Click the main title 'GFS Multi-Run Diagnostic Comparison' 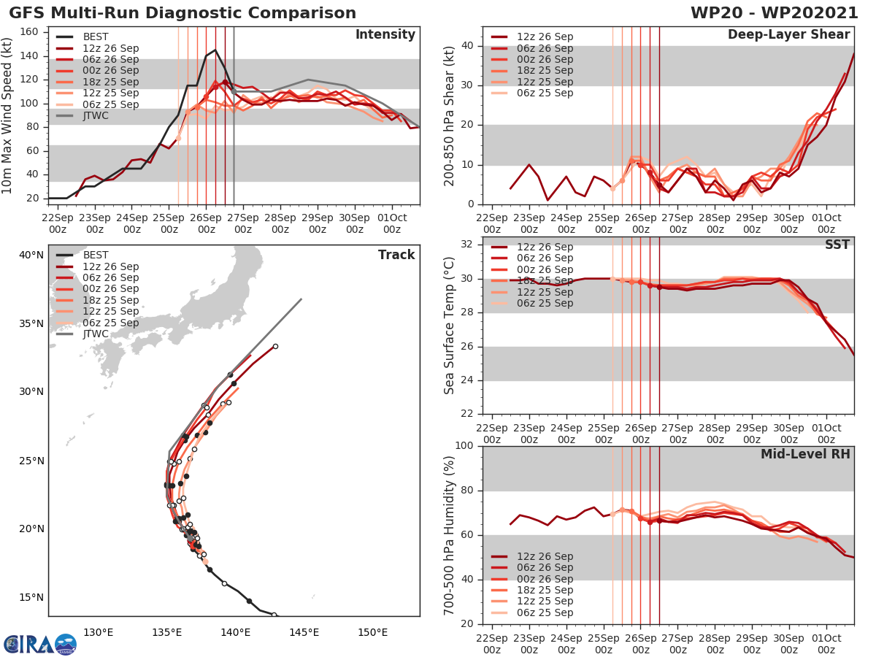click(182, 13)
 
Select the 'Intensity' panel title click(385, 35)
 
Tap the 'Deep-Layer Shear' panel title click(788, 35)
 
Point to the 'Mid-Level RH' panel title click(805, 454)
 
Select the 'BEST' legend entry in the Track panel click(96, 255)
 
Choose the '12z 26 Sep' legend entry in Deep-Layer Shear click(545, 36)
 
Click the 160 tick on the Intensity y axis click(32, 31)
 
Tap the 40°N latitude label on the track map click(31, 255)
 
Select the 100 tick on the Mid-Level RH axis click(464, 446)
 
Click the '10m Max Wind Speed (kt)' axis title click(8, 115)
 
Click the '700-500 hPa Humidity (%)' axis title click(449, 534)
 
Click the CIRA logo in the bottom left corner click(39, 644)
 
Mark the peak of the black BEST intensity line click(215, 50)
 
